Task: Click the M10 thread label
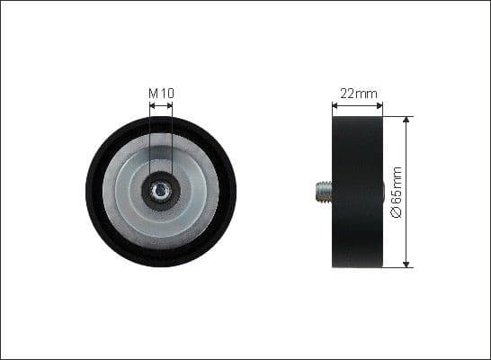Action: pos(161,92)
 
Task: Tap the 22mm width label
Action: pos(358,93)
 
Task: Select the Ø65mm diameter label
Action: pos(397,191)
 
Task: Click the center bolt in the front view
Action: pos(161,191)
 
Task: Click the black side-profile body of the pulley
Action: pos(357,191)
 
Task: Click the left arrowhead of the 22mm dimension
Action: pos(335,105)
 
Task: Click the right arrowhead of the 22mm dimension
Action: pos(380,105)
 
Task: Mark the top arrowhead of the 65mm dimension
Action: pos(406,120)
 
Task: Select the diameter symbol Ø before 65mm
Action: pos(397,214)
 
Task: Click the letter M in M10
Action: pos(154,92)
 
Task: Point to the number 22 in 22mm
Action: pos(347,93)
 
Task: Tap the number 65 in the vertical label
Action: pos(397,200)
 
